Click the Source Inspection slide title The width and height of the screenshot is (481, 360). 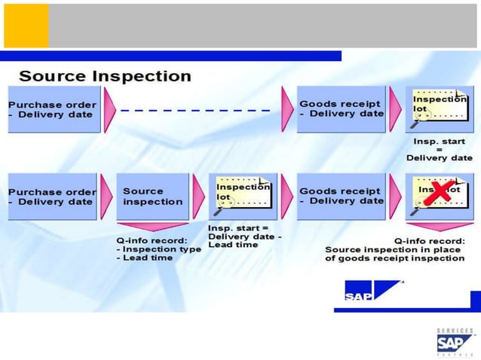[105, 76]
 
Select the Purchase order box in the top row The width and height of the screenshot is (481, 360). [53, 109]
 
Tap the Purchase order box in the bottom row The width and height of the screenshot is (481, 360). [53, 197]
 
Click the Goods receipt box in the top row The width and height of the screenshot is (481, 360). [341, 109]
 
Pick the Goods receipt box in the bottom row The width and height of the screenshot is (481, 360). [341, 197]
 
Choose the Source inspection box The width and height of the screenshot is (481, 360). [152, 197]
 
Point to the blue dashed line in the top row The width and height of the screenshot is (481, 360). [195, 110]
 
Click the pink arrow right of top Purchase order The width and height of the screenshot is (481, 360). [110, 109]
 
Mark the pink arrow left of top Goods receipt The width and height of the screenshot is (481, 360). [287, 109]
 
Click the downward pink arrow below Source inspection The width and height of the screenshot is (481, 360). [152, 226]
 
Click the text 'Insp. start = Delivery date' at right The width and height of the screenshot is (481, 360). [440, 150]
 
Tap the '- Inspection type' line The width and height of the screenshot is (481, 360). [158, 249]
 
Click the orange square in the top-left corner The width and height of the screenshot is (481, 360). [26, 26]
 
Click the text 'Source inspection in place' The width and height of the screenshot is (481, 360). [394, 249]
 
